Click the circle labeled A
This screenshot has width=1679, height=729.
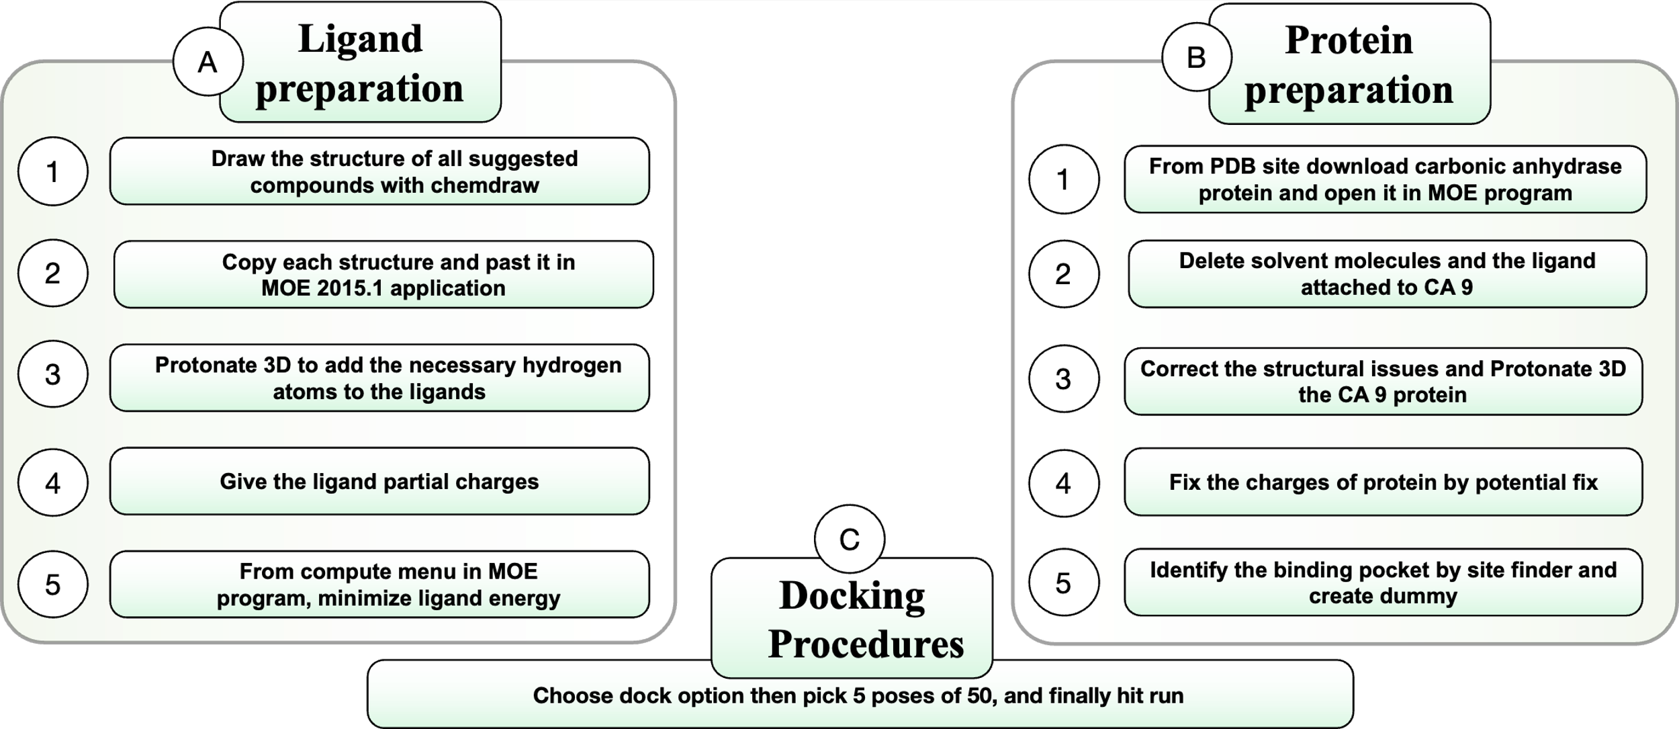pyautogui.click(x=208, y=62)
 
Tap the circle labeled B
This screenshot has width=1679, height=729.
pyautogui.click(x=1196, y=58)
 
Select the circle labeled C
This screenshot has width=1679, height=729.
pyautogui.click(x=850, y=540)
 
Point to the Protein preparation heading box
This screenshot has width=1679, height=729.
pyautogui.click(x=1349, y=65)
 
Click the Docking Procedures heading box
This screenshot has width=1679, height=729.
pyautogui.click(x=852, y=619)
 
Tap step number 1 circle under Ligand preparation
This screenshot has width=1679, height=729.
pyautogui.click(x=53, y=172)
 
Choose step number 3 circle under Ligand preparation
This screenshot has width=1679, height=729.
pyautogui.click(x=53, y=375)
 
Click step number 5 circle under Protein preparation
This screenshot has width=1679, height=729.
pyautogui.click(x=1063, y=583)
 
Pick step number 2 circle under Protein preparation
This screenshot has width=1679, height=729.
pyautogui.click(x=1063, y=274)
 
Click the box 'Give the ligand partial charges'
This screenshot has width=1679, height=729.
pyautogui.click(x=379, y=482)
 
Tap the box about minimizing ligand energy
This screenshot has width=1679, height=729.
pyautogui.click(x=379, y=585)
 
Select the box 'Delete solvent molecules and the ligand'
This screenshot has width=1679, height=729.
pyautogui.click(x=1386, y=274)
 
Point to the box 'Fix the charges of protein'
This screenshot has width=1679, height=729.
pyautogui.click(x=1383, y=482)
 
